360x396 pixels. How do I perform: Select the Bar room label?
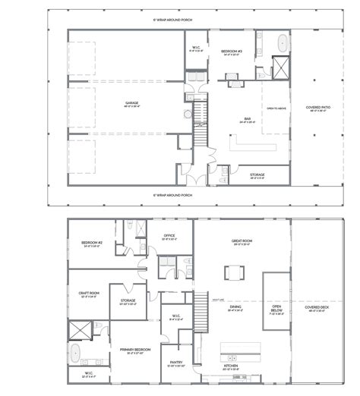click(x=243, y=120)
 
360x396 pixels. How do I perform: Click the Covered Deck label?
click(x=317, y=308)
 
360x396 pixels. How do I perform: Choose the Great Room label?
click(x=242, y=242)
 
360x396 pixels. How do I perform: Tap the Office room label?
click(x=169, y=236)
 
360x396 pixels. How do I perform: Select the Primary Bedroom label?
click(x=136, y=350)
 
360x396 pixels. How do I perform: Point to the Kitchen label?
click(x=232, y=366)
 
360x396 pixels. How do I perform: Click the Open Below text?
click(x=276, y=310)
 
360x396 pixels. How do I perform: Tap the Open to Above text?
click(x=276, y=108)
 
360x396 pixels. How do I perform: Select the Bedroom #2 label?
click(x=90, y=244)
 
